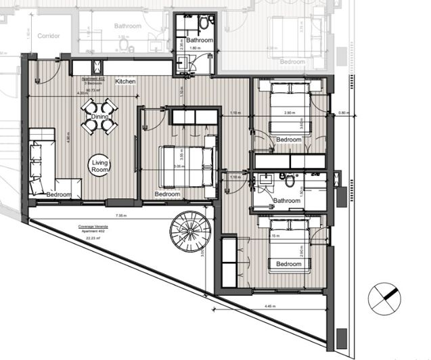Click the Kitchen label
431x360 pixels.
point(125,81)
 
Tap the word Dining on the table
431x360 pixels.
point(99,116)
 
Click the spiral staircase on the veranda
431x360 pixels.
point(191,231)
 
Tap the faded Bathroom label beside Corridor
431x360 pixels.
point(127,26)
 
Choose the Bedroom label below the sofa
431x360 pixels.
point(60,194)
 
